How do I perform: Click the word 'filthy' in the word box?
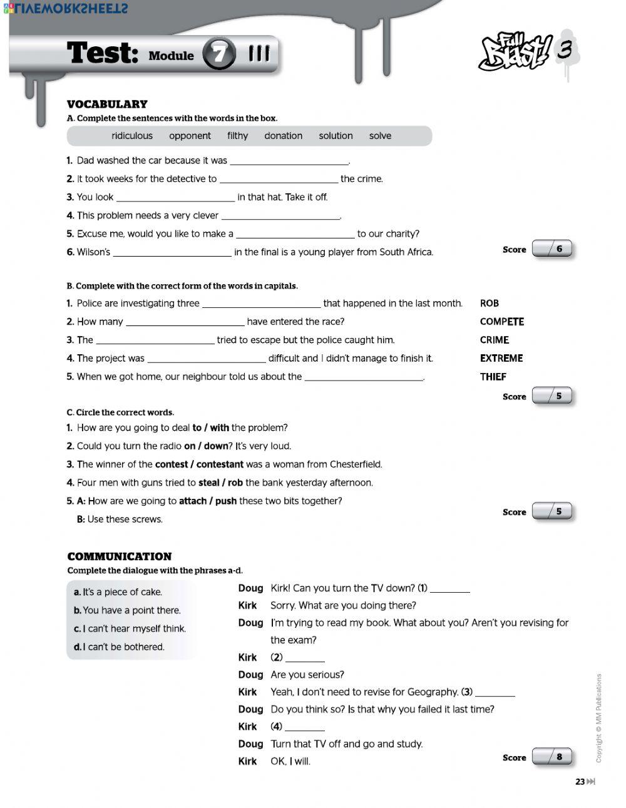pos(237,136)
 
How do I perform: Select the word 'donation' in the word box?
pos(283,136)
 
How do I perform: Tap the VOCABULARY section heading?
pos(107,105)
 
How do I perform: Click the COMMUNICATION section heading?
pos(119,556)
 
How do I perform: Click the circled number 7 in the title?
pos(219,54)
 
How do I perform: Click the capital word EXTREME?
pos(501,359)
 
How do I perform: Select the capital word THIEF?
pos(493,377)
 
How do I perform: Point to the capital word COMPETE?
pos(502,322)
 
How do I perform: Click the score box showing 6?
pos(552,249)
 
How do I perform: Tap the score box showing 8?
pos(552,757)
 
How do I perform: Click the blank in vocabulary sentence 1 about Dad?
pos(289,161)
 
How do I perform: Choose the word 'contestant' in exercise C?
pos(220,464)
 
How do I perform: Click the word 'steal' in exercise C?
pos(208,483)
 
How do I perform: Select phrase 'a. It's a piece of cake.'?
pos(118,592)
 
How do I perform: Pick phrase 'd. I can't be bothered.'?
pos(119,647)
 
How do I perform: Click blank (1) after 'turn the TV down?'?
pos(449,590)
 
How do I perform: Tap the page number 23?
pos(580,782)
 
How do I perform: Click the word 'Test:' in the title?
pos(102,53)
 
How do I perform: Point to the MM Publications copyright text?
pos(599,718)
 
